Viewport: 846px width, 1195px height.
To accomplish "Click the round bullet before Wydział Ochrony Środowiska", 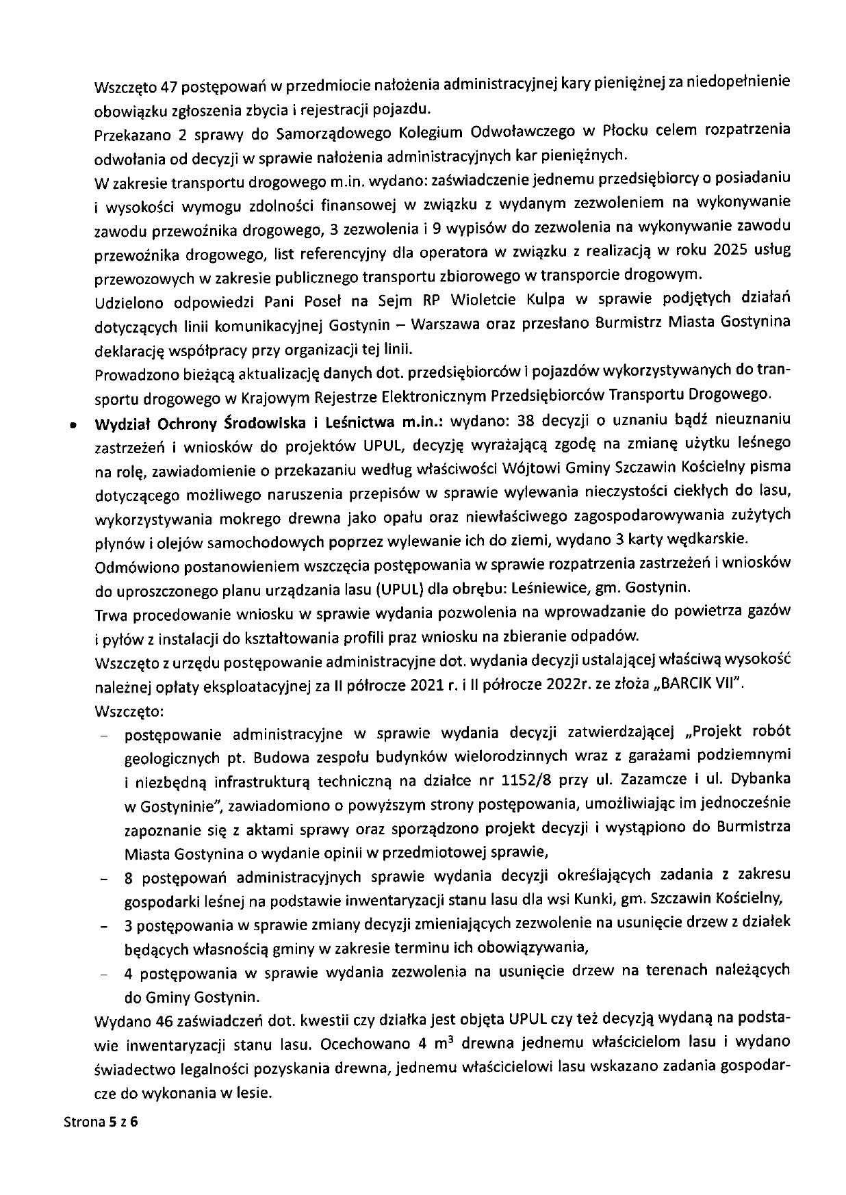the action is (71, 425).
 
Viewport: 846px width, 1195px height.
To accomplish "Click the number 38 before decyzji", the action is (530, 420).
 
